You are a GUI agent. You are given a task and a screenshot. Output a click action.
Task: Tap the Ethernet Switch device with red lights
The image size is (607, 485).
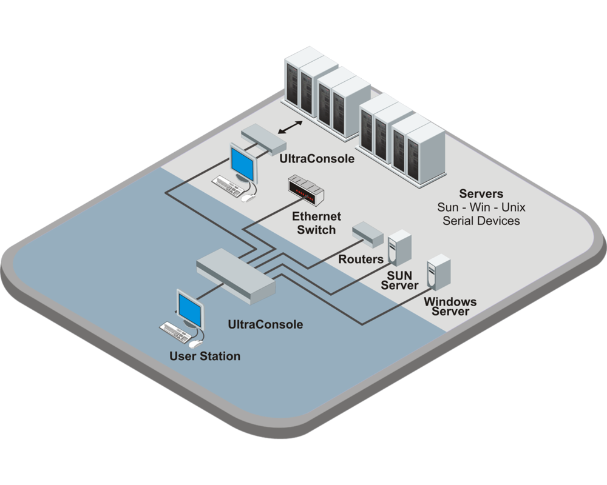pyautogui.click(x=306, y=187)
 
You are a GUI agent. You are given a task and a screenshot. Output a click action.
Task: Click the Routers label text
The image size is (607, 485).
pyautogui.click(x=360, y=259)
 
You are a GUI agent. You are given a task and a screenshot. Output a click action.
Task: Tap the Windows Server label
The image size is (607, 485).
pyautogui.click(x=450, y=306)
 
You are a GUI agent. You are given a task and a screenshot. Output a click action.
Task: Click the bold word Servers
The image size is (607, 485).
pyautogui.click(x=481, y=194)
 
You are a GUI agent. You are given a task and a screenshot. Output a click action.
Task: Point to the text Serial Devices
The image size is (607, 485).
pyautogui.click(x=481, y=221)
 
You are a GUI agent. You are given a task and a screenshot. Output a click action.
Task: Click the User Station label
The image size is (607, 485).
pyautogui.click(x=205, y=356)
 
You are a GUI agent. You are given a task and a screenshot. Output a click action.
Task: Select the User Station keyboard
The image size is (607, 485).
pyautogui.click(x=177, y=330)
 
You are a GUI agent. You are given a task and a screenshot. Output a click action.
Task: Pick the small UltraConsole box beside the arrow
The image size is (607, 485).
pyautogui.click(x=263, y=139)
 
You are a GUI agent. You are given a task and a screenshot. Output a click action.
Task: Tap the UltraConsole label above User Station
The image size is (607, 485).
pyautogui.click(x=265, y=324)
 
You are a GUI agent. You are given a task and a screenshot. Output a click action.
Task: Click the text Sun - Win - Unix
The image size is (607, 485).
pyautogui.click(x=481, y=207)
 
